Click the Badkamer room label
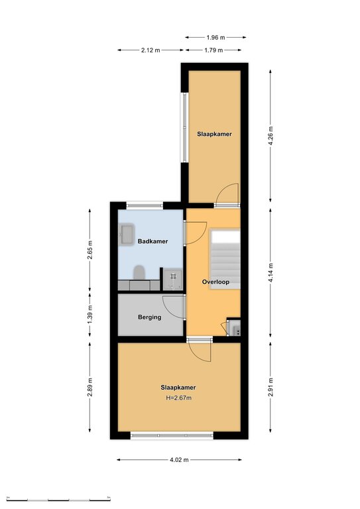click(152, 241)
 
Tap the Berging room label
click(149, 317)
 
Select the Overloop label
click(215, 282)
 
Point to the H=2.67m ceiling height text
click(178, 398)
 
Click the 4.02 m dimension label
click(179, 460)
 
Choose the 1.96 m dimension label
click(215, 37)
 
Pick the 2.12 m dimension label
click(150, 50)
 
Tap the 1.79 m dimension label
click(213, 50)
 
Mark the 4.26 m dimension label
click(270, 136)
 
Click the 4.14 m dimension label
click(270, 273)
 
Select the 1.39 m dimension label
click(90, 314)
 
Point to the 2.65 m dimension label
click(90, 250)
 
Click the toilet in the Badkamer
click(139, 272)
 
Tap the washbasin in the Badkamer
click(127, 233)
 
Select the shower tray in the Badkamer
click(173, 279)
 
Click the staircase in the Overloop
click(225, 259)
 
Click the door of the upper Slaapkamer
click(227, 196)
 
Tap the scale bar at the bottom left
click(58, 499)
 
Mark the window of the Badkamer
click(145, 205)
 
